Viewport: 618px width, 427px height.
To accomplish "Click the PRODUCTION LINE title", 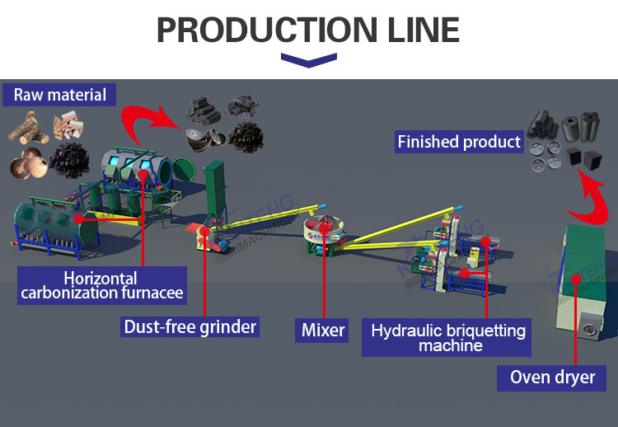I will tap(308, 30).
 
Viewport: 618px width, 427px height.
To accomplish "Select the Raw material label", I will tap(60, 95).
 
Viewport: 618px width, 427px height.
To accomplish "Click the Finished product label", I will tap(459, 142).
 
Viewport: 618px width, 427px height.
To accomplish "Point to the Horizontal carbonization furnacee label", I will tap(101, 285).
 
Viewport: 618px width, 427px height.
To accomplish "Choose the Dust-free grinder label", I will tap(190, 326).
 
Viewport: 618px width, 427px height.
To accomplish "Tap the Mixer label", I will tap(323, 331).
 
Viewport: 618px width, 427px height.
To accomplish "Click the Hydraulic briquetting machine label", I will tap(448, 338).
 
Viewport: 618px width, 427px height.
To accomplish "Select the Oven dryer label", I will tap(552, 378).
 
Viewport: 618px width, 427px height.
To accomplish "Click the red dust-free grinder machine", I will tap(200, 236).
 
